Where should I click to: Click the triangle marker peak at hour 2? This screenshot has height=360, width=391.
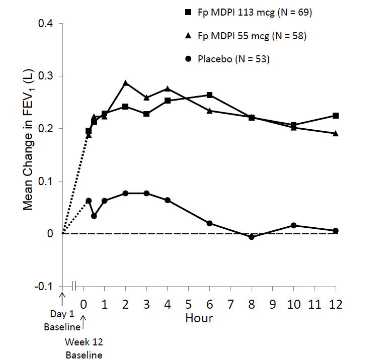126,83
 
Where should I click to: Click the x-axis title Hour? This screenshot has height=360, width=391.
199,318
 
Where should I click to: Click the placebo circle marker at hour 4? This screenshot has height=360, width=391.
168,200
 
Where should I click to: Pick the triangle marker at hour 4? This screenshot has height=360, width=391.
168,88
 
